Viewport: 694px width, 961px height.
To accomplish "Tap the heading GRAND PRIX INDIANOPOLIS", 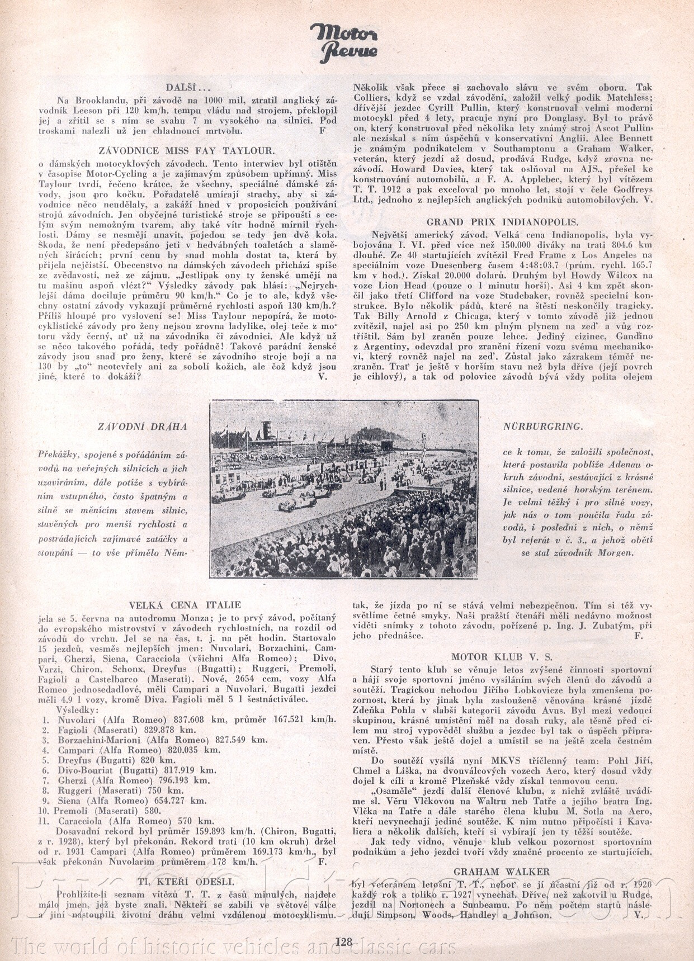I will (x=502, y=222).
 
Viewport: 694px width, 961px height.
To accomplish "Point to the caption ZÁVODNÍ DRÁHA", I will (x=142, y=427).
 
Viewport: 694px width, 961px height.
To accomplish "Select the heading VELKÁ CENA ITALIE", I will (x=185, y=604).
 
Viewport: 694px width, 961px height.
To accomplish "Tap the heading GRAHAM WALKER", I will (x=502, y=872).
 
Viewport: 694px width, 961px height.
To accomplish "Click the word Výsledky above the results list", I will (x=77, y=708).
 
